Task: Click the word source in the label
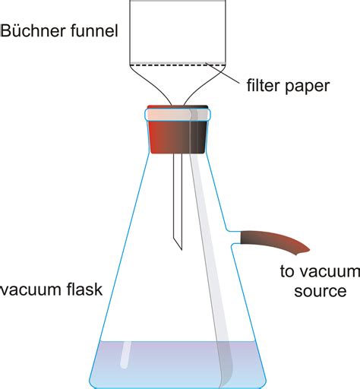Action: coord(302,291)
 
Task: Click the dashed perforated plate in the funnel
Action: coord(178,66)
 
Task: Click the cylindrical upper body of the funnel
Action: coord(178,30)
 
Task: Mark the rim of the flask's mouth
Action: coord(178,114)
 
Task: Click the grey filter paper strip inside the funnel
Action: coord(178,62)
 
